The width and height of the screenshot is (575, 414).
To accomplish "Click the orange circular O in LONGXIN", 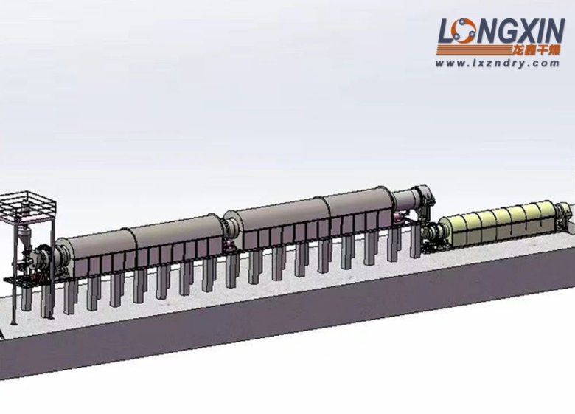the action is pos(463,31).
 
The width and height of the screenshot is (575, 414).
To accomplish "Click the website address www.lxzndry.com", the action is pos(498,63).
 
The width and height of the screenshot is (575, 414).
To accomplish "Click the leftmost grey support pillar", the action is pos(26,298).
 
